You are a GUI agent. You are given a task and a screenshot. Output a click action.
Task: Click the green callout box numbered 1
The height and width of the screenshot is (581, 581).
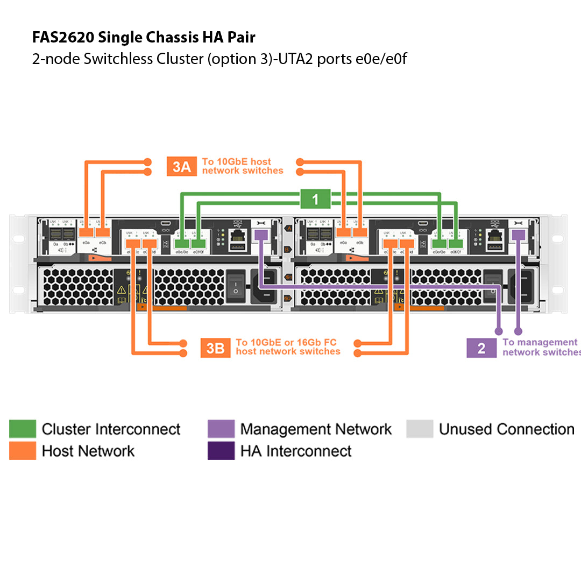click(315, 200)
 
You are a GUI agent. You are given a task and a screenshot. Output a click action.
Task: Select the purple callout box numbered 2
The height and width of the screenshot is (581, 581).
click(481, 348)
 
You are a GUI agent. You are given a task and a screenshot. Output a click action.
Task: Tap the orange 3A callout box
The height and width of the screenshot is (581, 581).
click(182, 167)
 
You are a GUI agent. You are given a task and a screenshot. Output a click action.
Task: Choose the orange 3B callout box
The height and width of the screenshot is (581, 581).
click(215, 348)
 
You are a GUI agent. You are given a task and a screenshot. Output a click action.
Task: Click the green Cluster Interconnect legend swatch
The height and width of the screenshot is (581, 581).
click(23, 429)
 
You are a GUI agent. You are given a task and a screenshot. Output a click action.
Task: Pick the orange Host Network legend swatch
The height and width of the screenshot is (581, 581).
click(23, 451)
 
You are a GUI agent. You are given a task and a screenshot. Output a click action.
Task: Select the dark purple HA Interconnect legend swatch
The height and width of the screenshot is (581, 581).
click(221, 451)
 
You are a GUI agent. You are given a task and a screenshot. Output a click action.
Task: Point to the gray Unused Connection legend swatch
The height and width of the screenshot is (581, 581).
click(420, 429)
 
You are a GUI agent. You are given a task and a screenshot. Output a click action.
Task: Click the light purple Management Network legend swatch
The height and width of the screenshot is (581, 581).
click(221, 429)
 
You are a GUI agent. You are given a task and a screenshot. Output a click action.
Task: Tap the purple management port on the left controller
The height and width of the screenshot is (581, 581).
click(261, 235)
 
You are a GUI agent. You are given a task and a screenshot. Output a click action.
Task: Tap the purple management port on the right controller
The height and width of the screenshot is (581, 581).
click(519, 235)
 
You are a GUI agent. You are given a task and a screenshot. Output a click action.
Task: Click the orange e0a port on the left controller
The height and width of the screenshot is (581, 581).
click(86, 232)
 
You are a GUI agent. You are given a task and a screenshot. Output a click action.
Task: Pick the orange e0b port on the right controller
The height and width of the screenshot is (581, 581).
click(360, 232)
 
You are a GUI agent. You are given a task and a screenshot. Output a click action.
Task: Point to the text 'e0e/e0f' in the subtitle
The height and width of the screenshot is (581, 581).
click(381, 59)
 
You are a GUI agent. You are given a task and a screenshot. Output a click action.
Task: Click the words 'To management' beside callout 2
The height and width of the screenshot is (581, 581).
click(540, 342)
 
